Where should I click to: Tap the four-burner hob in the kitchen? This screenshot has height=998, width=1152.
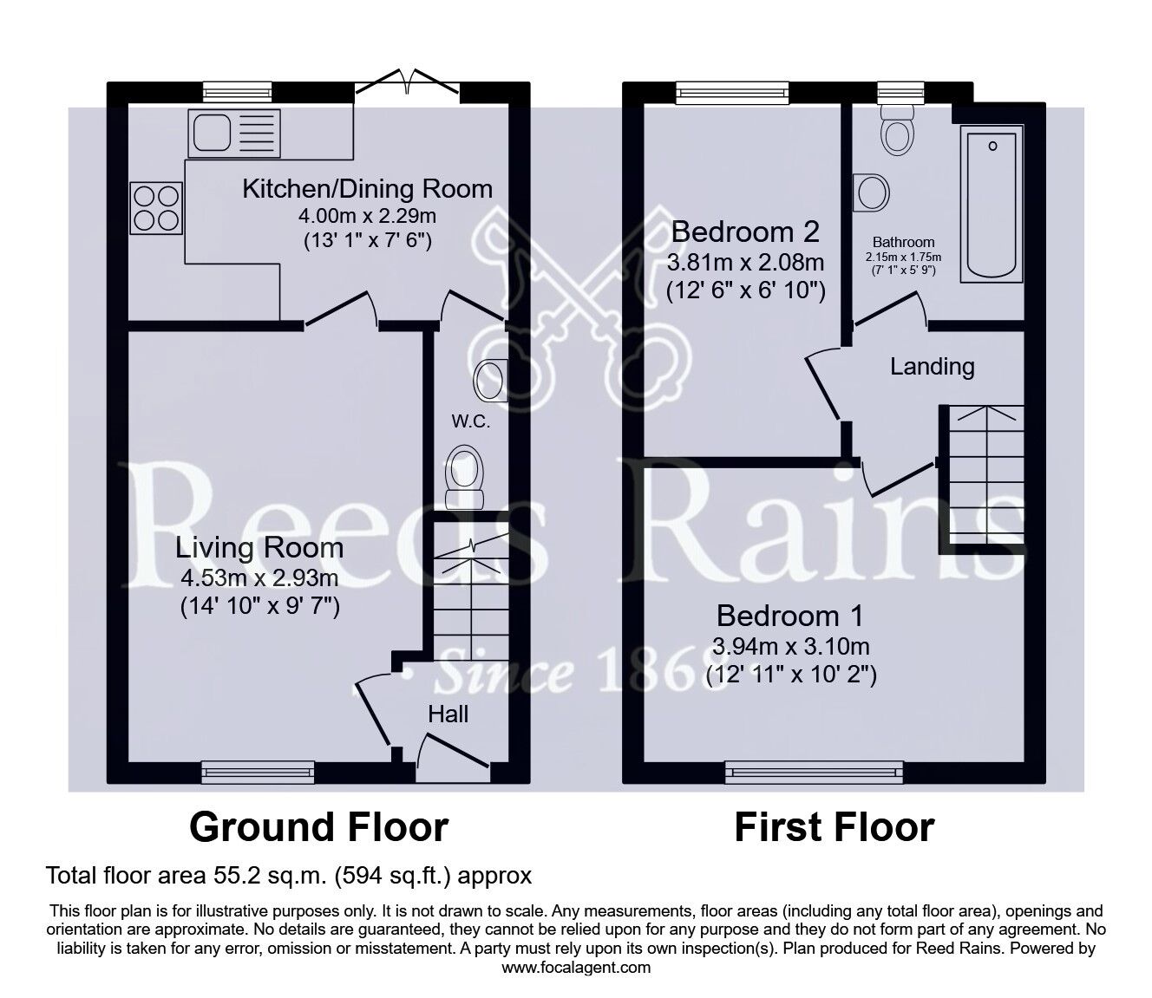point(156,207)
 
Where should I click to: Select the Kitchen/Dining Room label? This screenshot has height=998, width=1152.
point(367,189)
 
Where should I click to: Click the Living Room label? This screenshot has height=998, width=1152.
point(259,548)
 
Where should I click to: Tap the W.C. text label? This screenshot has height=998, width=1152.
point(470,422)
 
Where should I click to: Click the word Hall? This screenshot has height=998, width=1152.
point(448,714)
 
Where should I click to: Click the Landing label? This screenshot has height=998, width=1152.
point(933,367)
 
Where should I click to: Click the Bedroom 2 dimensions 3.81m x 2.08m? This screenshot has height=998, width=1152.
point(745,262)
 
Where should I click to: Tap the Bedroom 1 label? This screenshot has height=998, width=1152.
point(790,616)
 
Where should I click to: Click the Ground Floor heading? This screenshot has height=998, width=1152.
point(318,827)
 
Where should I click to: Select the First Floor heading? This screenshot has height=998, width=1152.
point(835,827)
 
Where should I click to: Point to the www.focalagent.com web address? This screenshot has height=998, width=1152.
point(576,967)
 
